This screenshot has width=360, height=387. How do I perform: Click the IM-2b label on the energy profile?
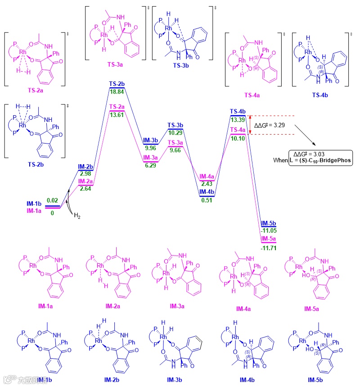point(85,166)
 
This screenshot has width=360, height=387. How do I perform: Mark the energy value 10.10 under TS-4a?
point(238,138)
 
